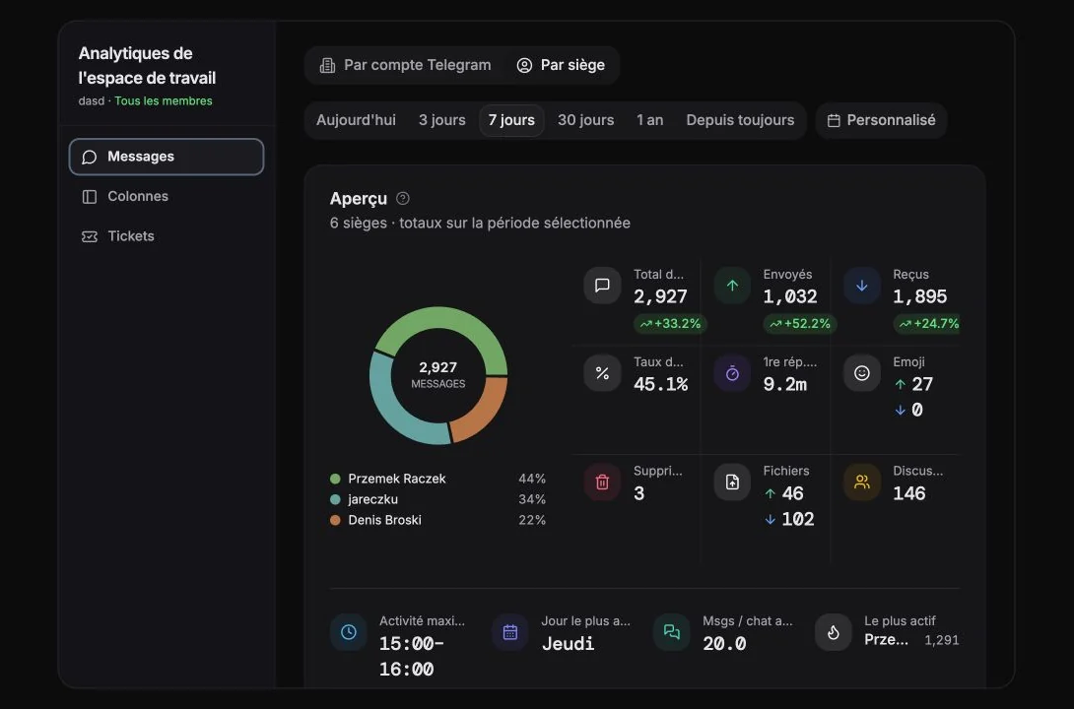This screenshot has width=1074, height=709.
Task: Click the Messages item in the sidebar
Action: (x=167, y=157)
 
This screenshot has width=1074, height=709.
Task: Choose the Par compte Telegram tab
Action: (x=406, y=65)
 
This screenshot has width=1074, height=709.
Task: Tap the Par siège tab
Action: (x=561, y=65)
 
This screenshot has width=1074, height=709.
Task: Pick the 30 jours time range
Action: (x=585, y=120)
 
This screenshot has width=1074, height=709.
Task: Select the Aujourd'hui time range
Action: (x=356, y=120)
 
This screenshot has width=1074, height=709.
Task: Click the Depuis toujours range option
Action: (x=740, y=120)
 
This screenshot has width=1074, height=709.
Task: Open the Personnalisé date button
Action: (x=882, y=120)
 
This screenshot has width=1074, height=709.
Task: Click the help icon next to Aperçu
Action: (x=403, y=199)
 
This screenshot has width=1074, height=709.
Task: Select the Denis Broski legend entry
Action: (x=384, y=520)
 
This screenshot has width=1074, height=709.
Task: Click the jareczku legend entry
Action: (x=372, y=499)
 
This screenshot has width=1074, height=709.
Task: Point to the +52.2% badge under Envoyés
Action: (x=799, y=324)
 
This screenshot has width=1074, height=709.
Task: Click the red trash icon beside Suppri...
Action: (x=602, y=482)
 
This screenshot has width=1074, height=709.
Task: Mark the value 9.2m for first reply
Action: (x=785, y=384)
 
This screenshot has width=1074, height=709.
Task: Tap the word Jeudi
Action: (x=568, y=643)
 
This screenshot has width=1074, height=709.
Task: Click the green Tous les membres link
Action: (x=163, y=101)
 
